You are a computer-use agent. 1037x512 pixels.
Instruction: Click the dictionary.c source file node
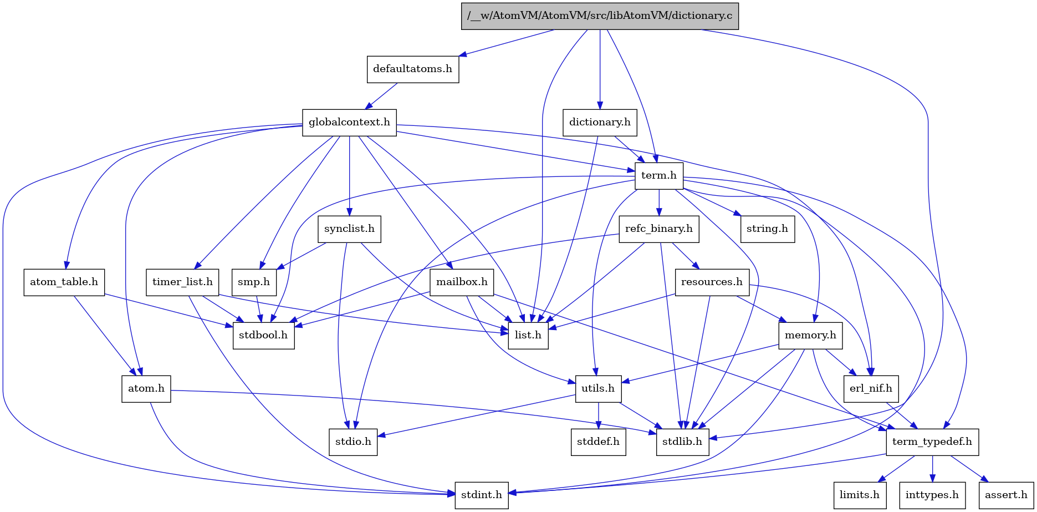tap(599, 16)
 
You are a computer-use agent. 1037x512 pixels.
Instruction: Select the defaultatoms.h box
tap(412, 69)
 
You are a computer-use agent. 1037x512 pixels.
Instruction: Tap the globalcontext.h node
tap(349, 122)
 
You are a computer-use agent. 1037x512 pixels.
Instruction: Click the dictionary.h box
tap(600, 122)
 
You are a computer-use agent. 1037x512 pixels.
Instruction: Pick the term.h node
tap(658, 175)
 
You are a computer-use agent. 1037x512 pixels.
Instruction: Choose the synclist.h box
tap(349, 229)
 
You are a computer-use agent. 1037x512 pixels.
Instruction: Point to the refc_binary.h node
tap(658, 229)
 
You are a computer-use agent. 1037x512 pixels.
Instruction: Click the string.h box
tap(767, 229)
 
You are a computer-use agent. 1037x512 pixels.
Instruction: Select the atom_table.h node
tap(64, 282)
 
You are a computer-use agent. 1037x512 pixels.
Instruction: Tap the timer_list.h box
tap(182, 282)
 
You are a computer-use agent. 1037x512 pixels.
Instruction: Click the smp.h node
tap(254, 282)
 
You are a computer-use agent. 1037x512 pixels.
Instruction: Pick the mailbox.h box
tap(462, 282)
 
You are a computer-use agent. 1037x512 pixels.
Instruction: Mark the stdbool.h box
tap(263, 335)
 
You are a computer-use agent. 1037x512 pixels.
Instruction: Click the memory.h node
tap(810, 335)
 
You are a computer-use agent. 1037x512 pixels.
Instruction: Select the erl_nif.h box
tap(871, 388)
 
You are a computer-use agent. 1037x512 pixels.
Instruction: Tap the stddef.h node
tap(599, 442)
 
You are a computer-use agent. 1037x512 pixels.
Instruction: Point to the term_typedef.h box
tap(932, 442)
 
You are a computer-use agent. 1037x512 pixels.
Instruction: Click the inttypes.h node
tap(932, 495)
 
